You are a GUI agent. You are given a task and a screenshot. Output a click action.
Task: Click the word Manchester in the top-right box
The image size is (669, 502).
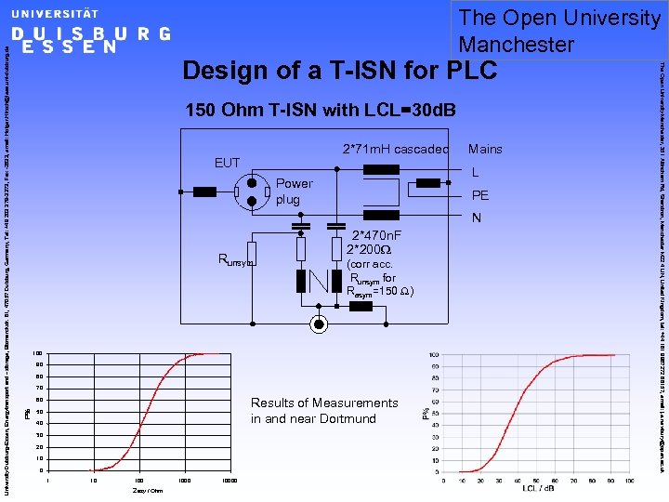click(x=517, y=44)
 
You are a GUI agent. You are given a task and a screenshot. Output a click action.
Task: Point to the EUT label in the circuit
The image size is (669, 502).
click(x=228, y=163)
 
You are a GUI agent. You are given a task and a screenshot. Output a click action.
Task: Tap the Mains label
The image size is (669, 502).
click(x=485, y=149)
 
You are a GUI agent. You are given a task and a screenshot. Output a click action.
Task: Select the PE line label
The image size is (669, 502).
click(x=479, y=195)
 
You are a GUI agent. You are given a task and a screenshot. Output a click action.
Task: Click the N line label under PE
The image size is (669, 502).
click(x=476, y=218)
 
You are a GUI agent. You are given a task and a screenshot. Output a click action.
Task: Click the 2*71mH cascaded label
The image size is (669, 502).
click(x=396, y=149)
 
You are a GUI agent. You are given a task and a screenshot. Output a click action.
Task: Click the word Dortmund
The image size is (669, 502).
click(x=346, y=418)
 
